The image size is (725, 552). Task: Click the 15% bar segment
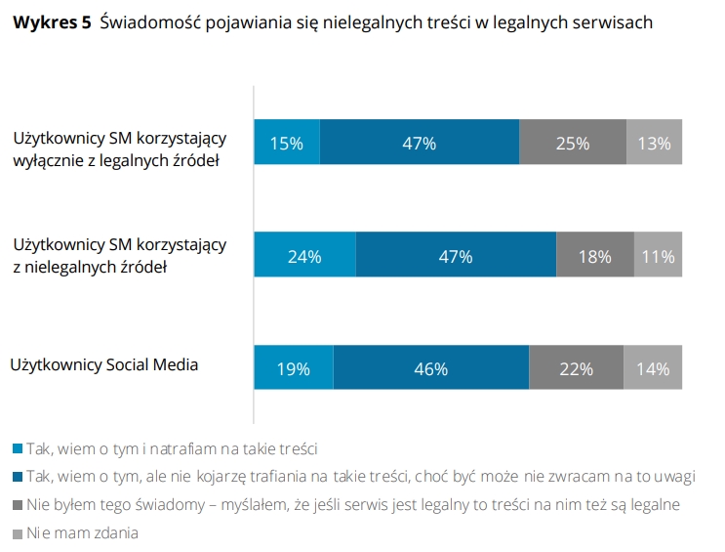(287, 143)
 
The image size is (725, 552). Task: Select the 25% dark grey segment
(573, 143)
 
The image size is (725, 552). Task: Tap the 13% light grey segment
(654, 143)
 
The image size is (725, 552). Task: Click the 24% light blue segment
(304, 257)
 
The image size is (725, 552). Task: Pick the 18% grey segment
(594, 257)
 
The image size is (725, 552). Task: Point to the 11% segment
(658, 257)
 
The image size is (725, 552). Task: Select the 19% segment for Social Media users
(293, 369)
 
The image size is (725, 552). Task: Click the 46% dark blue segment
(430, 369)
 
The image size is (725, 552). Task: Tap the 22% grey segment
(576, 369)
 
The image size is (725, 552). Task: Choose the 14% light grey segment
(653, 369)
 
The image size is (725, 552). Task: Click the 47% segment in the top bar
(419, 143)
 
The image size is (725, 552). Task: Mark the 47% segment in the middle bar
(456, 257)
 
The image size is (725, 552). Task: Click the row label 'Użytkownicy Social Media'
(104, 365)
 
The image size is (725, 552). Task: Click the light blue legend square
(17, 449)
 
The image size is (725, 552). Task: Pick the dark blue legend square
(17, 478)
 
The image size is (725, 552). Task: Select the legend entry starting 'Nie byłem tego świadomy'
(351, 505)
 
